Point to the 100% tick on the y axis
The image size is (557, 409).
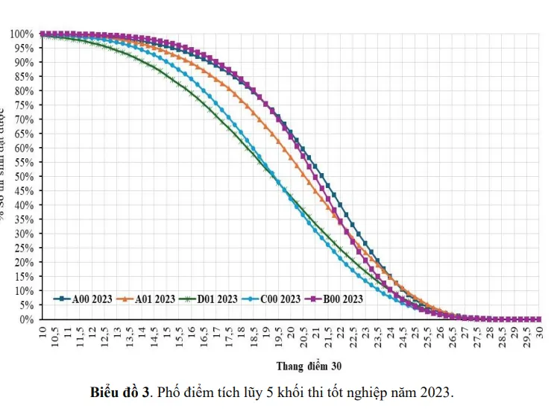[x=22, y=34]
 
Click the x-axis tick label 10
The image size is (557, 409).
[x=43, y=331]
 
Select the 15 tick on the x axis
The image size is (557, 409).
[x=167, y=331]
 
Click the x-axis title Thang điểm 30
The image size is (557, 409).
[x=308, y=366]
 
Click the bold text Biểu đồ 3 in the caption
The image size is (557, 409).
[x=120, y=392]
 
